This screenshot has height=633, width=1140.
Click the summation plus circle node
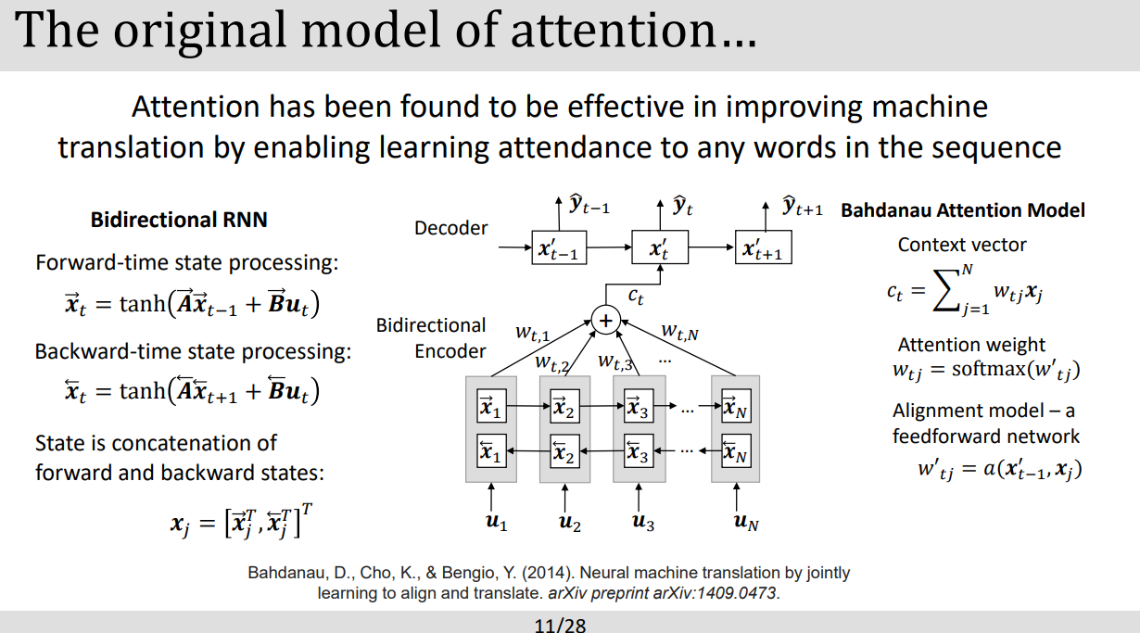coord(606,321)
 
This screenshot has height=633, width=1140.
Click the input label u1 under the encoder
coord(497,523)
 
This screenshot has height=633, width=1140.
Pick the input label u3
coord(642,523)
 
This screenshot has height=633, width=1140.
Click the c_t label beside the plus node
coord(636,297)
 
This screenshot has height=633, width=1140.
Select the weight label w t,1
coord(532,332)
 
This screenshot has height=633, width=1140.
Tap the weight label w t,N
coord(678,330)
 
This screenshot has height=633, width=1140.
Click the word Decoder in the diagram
coord(451,227)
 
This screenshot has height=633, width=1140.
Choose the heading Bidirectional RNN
coord(179,220)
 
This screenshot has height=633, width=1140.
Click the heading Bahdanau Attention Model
coord(962,210)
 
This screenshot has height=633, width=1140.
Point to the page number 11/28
coord(561,625)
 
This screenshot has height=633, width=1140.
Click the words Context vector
coord(962,246)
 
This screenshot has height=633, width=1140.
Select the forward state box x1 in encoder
coord(490,406)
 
